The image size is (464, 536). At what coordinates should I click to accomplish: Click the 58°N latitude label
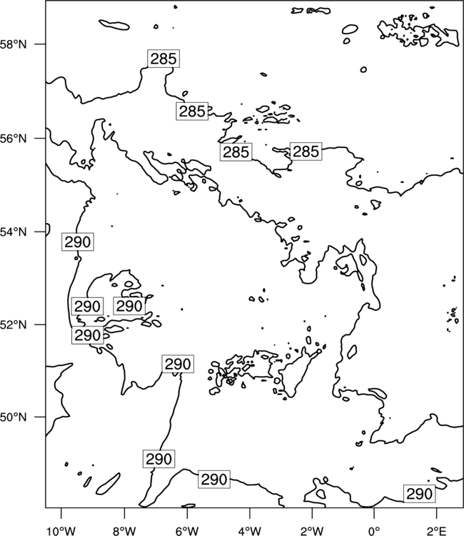pyautogui.click(x=13, y=44)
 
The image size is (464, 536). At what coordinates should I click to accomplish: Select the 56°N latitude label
pyautogui.click(x=13, y=139)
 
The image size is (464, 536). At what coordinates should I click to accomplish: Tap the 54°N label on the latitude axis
pyautogui.click(x=13, y=232)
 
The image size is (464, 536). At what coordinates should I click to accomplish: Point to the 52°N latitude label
pyautogui.click(x=13, y=324)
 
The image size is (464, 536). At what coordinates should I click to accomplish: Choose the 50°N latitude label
pyautogui.click(x=13, y=417)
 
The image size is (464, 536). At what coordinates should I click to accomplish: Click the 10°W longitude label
pyautogui.click(x=61, y=531)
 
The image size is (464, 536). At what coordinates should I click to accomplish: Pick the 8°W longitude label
pyautogui.click(x=124, y=531)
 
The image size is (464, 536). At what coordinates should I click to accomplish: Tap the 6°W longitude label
pyautogui.click(x=187, y=531)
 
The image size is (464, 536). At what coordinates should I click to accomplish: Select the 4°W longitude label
pyautogui.click(x=250, y=531)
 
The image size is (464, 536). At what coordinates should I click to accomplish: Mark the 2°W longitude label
pyautogui.click(x=312, y=531)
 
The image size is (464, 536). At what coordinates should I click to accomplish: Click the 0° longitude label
pyautogui.click(x=374, y=531)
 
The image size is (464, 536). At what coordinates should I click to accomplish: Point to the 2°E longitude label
pyautogui.click(x=437, y=531)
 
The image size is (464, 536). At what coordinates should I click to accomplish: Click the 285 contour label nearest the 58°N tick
pyautogui.click(x=163, y=59)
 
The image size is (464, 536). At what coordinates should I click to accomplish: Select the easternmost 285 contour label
pyautogui.click(x=306, y=152)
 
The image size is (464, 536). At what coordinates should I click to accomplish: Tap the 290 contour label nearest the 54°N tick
pyautogui.click(x=78, y=242)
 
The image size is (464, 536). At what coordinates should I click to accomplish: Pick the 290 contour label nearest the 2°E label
pyautogui.click(x=419, y=494)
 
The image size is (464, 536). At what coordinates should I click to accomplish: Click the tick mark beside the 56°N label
pyautogui.click(x=39, y=139)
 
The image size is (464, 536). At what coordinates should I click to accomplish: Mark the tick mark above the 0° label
pyautogui.click(x=374, y=513)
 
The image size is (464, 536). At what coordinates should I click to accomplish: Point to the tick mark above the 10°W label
pyautogui.click(x=61, y=513)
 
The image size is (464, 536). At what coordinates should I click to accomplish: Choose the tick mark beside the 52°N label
pyautogui.click(x=39, y=324)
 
